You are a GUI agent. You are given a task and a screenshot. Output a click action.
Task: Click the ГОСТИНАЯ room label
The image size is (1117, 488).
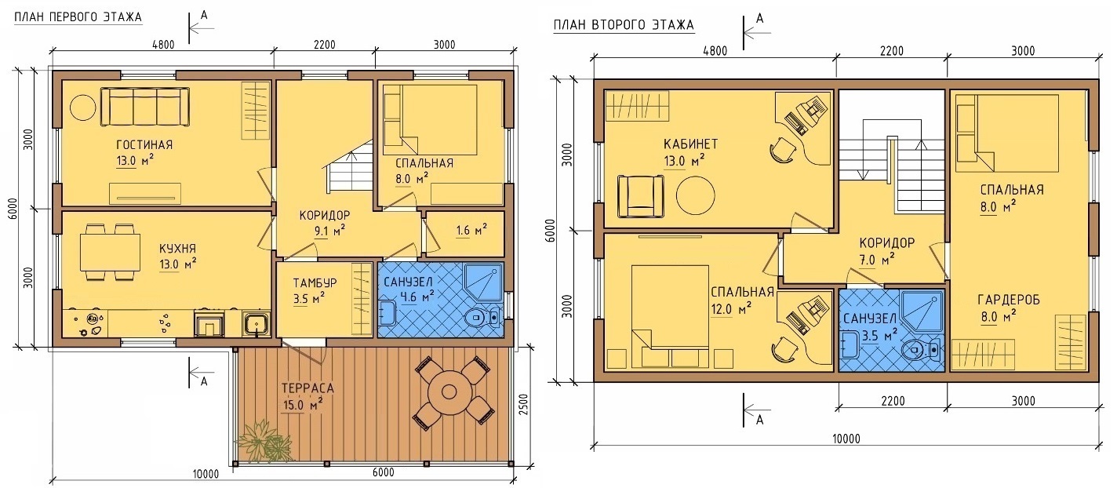pyautogui.click(x=144, y=144)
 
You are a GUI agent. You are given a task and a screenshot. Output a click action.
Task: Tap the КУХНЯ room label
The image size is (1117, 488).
pyautogui.click(x=177, y=249)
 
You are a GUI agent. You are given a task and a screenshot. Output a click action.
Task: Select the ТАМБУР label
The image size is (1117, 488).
pyautogui.click(x=315, y=283)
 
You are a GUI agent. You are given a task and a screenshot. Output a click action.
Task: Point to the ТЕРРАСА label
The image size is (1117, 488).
pyautogui.click(x=307, y=388)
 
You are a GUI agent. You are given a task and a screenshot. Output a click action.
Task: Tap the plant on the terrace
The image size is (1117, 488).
pyautogui.click(x=265, y=440)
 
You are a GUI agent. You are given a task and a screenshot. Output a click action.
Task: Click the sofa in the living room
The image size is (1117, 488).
pyautogui.click(x=145, y=107)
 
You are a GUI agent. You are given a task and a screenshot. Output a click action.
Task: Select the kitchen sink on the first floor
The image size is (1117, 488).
pyautogui.click(x=257, y=322)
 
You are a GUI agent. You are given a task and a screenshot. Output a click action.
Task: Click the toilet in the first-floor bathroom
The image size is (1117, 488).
pyautogui.click(x=482, y=317)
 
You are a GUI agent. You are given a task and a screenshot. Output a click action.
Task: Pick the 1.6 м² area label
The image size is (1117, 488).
pyautogui.click(x=471, y=230)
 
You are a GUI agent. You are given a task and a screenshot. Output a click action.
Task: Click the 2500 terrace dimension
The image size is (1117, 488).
pyautogui.click(x=524, y=406)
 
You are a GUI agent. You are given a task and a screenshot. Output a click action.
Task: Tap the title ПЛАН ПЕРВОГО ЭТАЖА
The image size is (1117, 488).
pyautogui.click(x=78, y=17)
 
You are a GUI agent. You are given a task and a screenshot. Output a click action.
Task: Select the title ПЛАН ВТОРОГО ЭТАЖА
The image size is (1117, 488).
pyautogui.click(x=624, y=25)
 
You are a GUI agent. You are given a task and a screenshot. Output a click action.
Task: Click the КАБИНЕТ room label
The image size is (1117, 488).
pyautogui.click(x=690, y=144)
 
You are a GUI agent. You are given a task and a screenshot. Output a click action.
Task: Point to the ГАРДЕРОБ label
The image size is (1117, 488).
pyautogui.click(x=1009, y=300)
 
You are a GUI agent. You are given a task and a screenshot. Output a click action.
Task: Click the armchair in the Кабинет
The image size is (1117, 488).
pyautogui.click(x=640, y=196)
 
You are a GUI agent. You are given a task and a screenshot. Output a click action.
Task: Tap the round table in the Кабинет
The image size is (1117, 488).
pyautogui.click(x=696, y=195)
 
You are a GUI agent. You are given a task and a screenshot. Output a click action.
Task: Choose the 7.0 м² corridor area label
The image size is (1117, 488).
pyautogui.click(x=877, y=260)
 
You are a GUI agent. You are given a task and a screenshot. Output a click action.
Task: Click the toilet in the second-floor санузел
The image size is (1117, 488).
pyautogui.click(x=922, y=350)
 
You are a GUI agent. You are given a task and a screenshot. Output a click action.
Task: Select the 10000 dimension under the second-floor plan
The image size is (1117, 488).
pyautogui.click(x=846, y=439)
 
